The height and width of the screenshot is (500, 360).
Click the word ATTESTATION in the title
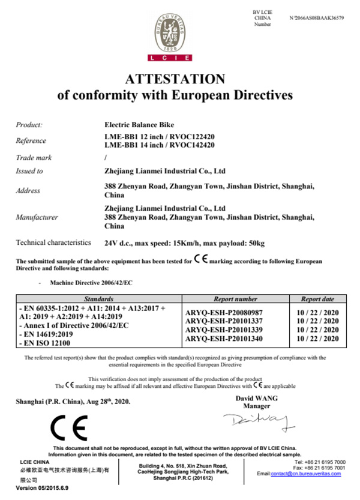pyautogui.click(x=175, y=79)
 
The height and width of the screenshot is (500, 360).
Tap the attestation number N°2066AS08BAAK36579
pyautogui.click(x=316, y=18)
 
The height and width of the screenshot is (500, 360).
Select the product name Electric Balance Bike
pyautogui.click(x=139, y=125)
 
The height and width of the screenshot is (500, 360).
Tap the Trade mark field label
pyautogui.click(x=34, y=158)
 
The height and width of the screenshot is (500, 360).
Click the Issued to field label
pyautogui.click(x=29, y=171)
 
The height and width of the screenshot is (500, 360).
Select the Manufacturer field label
pyautogui.click(x=37, y=217)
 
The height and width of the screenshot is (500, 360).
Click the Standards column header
pyautogui.click(x=98, y=298)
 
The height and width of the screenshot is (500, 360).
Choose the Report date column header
pyautogui.click(x=318, y=298)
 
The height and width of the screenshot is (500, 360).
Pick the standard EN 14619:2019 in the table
pyautogui.click(x=41, y=334)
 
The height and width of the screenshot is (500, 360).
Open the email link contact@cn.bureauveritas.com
pyautogui.click(x=306, y=474)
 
